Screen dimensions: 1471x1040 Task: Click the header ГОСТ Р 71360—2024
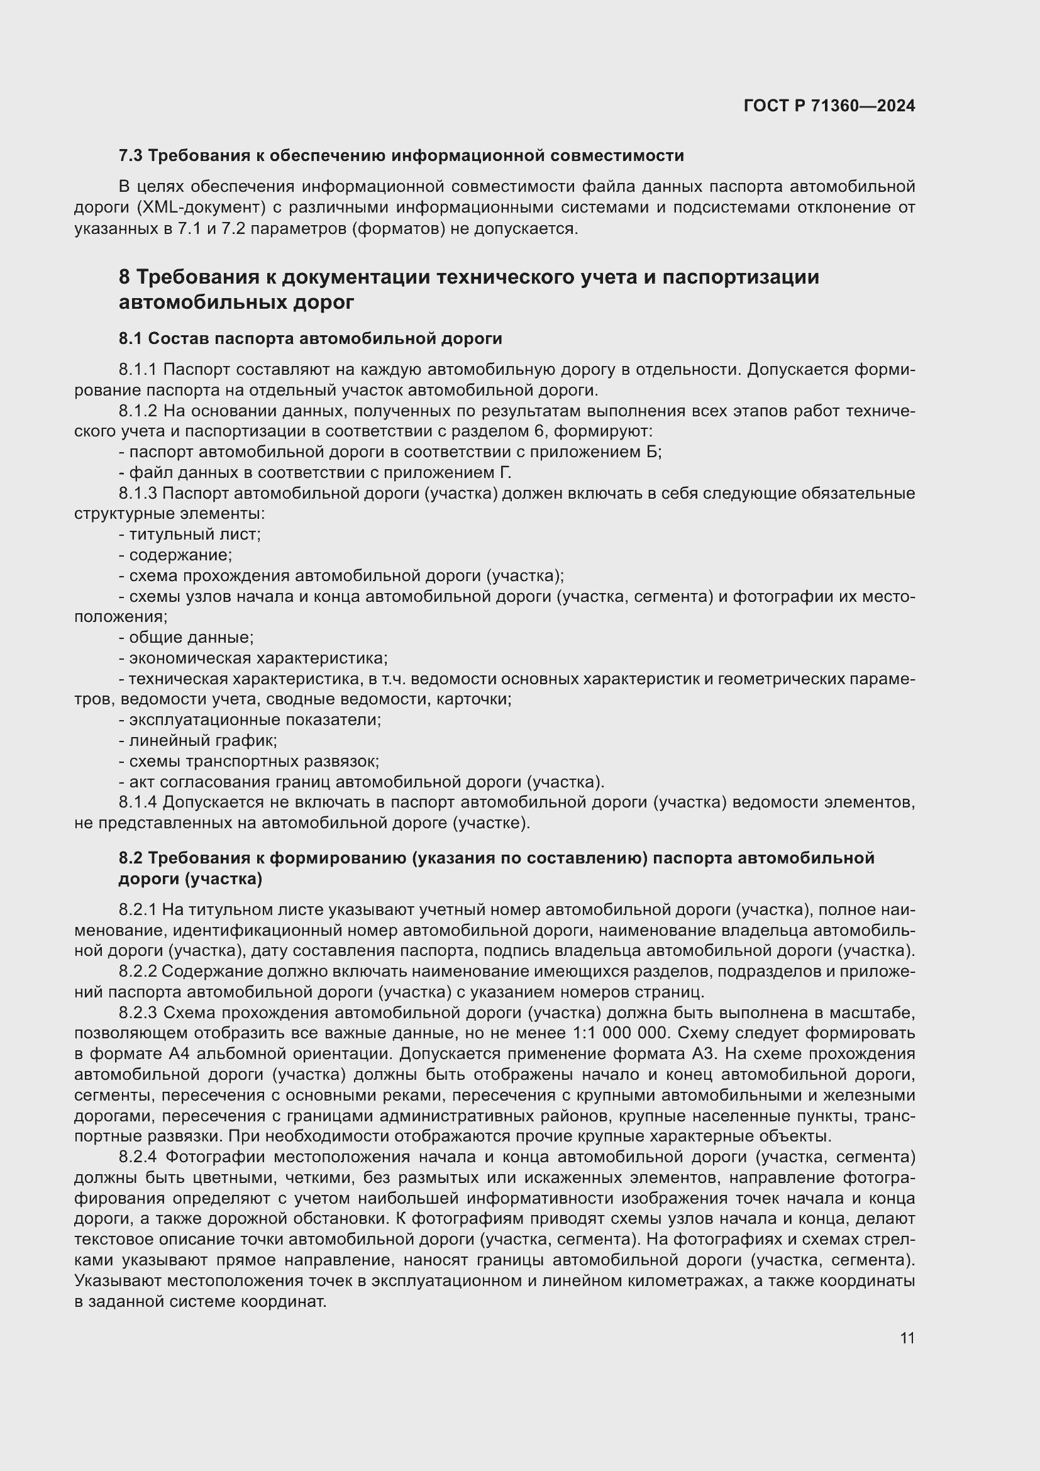(829, 106)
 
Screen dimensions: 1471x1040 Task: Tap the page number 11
(907, 1338)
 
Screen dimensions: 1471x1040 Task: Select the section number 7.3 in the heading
(131, 156)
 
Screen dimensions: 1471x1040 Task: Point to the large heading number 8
(125, 277)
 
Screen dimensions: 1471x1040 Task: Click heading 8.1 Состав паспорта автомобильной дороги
(310, 338)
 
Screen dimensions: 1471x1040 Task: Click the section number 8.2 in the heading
(131, 858)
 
